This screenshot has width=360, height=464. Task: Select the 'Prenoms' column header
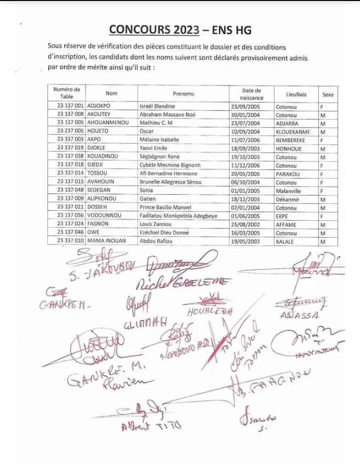(183, 93)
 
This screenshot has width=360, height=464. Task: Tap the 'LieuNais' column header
(296, 94)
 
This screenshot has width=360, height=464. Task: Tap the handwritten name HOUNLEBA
(210, 312)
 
